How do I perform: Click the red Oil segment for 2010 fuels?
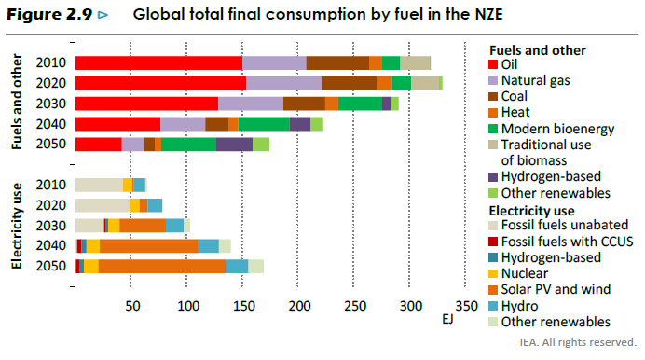(x=158, y=62)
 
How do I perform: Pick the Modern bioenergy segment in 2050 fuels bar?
(x=189, y=145)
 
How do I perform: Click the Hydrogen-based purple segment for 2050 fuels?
(x=234, y=145)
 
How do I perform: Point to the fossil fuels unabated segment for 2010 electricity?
(x=99, y=185)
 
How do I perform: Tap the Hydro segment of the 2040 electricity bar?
(x=209, y=246)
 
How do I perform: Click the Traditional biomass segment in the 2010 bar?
(x=415, y=62)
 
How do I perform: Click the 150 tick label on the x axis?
(x=244, y=306)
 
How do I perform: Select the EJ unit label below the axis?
(x=448, y=320)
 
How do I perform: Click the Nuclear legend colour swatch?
(x=493, y=273)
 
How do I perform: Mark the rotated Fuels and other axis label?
(x=16, y=102)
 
